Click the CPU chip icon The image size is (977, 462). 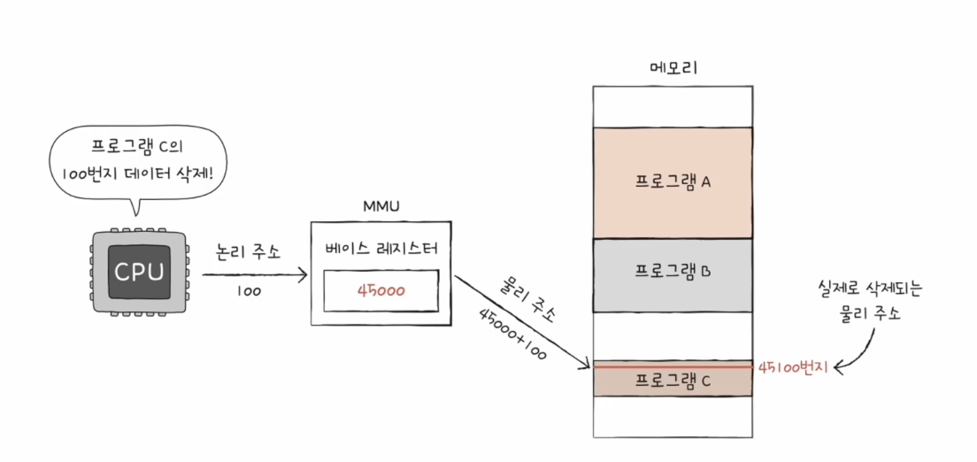tap(140, 272)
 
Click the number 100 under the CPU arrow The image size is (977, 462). tap(249, 289)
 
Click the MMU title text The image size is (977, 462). tap(382, 206)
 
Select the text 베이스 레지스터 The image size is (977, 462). tap(381, 248)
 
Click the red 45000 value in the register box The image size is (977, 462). tap(381, 290)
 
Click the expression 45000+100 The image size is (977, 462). tap(512, 334)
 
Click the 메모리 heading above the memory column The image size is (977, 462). tap(673, 67)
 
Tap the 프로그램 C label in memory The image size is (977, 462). tap(673, 381)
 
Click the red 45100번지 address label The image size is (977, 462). tap(793, 366)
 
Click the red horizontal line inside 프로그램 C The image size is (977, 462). tap(673, 366)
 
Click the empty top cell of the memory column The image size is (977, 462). tap(673, 106)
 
